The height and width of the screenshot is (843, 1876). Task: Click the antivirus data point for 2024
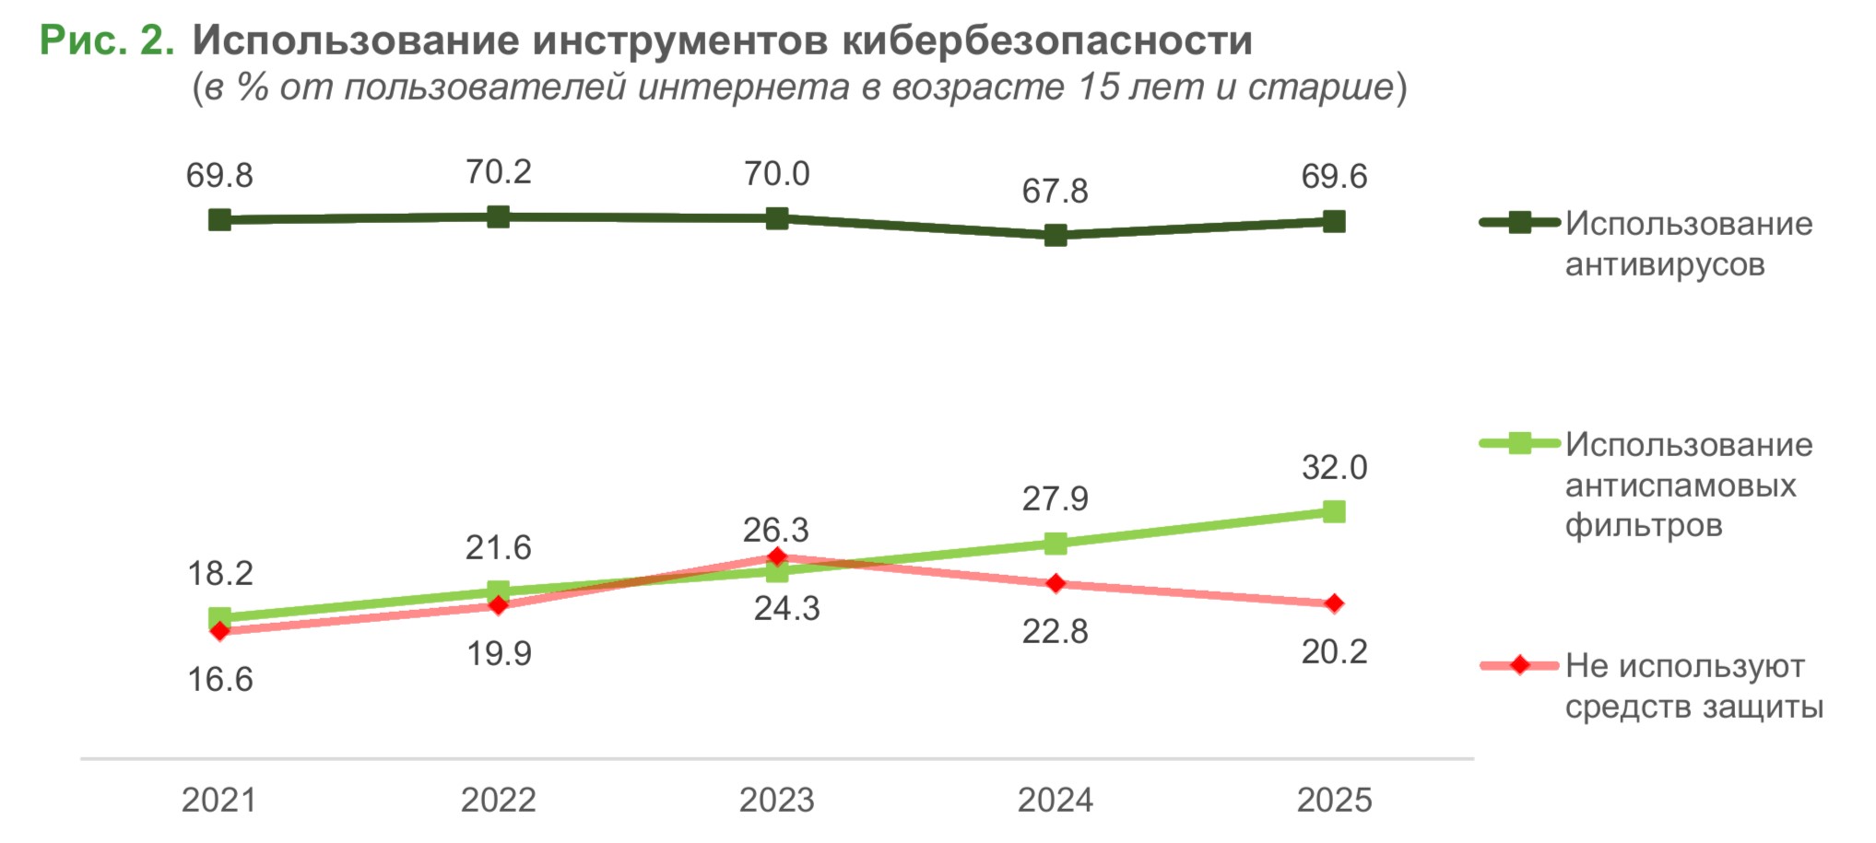[1056, 235]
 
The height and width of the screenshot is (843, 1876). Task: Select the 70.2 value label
[499, 172]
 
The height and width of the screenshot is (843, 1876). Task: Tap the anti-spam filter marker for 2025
[1334, 511]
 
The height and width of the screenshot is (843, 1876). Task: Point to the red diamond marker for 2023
[777, 556]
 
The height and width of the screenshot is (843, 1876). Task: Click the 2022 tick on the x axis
[499, 800]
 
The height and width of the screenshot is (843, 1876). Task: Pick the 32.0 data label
[1334, 468]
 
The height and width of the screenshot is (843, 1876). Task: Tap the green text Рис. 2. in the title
[107, 41]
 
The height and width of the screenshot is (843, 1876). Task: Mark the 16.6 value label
[219, 680]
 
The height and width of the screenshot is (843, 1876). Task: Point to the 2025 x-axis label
[1334, 800]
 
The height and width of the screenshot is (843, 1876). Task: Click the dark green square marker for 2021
[219, 219]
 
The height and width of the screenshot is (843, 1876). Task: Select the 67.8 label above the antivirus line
[1055, 192]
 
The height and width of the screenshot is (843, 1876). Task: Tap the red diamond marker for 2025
[1334, 603]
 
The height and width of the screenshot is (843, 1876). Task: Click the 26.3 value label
[776, 530]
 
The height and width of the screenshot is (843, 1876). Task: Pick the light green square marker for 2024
[1056, 544]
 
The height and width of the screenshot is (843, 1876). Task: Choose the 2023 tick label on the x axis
[777, 800]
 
